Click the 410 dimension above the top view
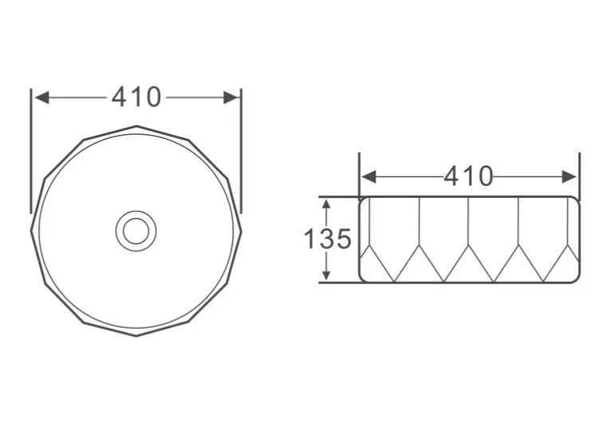point(136,97)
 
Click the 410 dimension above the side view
point(468,176)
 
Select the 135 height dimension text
point(327,239)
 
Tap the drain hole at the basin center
point(136,231)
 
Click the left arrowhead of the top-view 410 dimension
point(41,97)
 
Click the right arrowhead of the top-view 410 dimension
point(231,97)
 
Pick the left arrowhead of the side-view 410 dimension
point(368,177)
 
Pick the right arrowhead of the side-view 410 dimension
point(569,177)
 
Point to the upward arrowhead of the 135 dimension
point(326,204)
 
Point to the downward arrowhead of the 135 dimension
point(326,275)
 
